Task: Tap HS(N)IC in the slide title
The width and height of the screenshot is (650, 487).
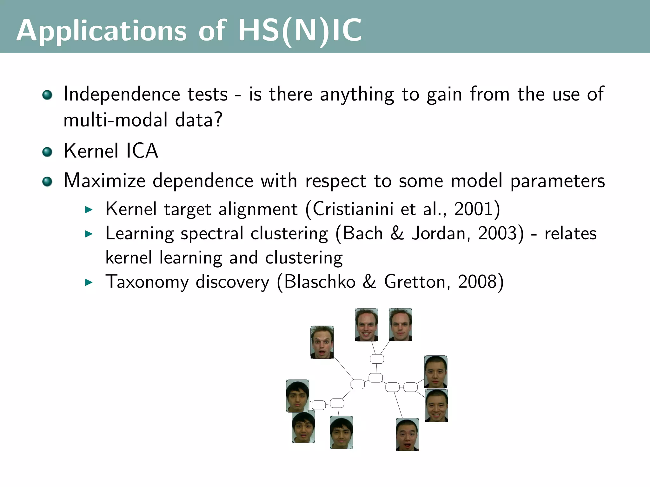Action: pyautogui.click(x=300, y=31)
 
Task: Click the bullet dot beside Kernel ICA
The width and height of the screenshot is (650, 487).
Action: pyautogui.click(x=47, y=152)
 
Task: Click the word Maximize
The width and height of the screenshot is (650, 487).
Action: pyautogui.click(x=104, y=181)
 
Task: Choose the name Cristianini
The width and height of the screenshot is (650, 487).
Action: pyautogui.click(x=353, y=209)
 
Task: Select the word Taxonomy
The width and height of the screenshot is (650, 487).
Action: pyautogui.click(x=147, y=282)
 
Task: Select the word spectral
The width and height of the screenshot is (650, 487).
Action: pyautogui.click(x=212, y=234)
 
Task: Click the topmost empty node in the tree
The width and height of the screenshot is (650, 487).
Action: pyautogui.click(x=377, y=359)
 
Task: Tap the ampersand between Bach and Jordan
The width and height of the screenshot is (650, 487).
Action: pyautogui.click(x=397, y=233)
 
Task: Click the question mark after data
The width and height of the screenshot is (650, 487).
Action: pyautogui.click(x=218, y=120)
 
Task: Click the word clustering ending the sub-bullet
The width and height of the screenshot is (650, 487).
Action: pyautogui.click(x=304, y=257)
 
